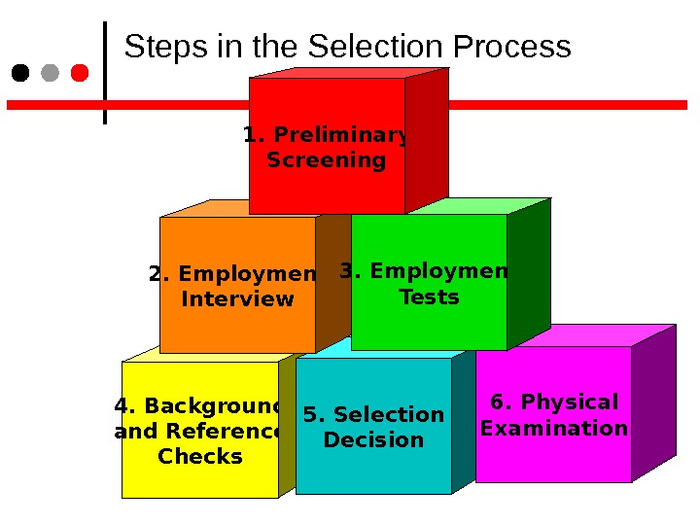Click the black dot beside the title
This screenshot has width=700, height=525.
point(19,73)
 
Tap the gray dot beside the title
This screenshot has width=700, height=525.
point(50,73)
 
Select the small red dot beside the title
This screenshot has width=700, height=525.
point(80,73)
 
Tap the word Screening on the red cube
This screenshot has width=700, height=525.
point(326,160)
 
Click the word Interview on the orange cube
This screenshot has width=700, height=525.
point(237,299)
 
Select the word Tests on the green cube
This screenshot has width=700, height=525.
point(429,297)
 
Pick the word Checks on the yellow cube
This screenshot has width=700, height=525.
point(199,457)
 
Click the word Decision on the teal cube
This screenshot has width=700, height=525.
point(373,440)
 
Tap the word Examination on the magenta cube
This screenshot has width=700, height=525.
point(554,429)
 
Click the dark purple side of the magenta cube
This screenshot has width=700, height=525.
point(652,403)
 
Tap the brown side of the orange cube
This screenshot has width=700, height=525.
point(332,282)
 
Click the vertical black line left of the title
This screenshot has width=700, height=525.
point(105,73)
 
